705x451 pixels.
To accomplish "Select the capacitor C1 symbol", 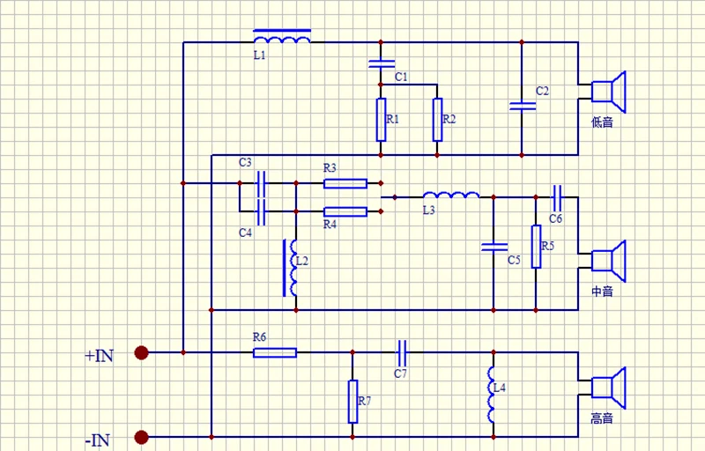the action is click(x=382, y=63).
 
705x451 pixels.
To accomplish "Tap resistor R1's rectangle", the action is click(x=381, y=120).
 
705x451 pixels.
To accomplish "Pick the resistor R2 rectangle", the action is click(x=437, y=120).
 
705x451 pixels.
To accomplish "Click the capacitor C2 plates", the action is click(x=522, y=106).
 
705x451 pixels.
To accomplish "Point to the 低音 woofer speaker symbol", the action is click(x=608, y=92).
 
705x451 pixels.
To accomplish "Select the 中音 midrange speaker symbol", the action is click(x=608, y=261).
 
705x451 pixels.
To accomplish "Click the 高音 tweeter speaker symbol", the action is click(x=608, y=388).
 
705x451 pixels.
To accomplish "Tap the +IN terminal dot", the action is click(x=141, y=352).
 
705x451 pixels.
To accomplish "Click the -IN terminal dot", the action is click(x=141, y=437).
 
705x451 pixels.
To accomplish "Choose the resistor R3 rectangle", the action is click(x=345, y=183).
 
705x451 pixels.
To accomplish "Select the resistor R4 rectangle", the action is click(x=345, y=211).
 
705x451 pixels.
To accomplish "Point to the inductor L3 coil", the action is click(x=451, y=195).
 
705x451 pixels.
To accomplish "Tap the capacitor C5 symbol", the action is click(x=493, y=247).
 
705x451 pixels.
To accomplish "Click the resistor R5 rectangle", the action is click(x=536, y=247).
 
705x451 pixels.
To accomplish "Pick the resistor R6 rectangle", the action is click(x=275, y=352).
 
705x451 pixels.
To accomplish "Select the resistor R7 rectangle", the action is click(x=353, y=402).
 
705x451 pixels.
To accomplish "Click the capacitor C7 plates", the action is click(x=403, y=352).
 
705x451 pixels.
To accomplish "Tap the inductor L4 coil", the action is click(x=492, y=395).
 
